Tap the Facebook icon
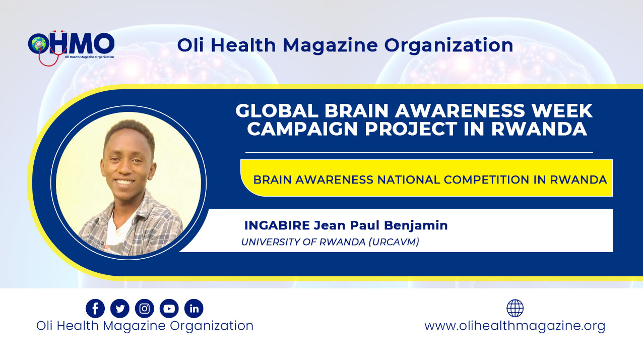[x=95, y=309]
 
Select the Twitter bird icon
[x=120, y=309]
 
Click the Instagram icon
[x=145, y=309]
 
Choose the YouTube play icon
[x=169, y=309]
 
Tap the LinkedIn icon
[x=194, y=309]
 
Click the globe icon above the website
[x=515, y=308]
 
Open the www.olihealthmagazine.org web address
[x=515, y=326]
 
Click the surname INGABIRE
[x=277, y=225]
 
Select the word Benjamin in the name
[x=416, y=226]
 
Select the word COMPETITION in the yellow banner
[x=486, y=180]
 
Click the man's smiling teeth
[x=124, y=182]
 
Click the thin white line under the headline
[x=419, y=152]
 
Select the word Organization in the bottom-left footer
[x=212, y=326]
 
